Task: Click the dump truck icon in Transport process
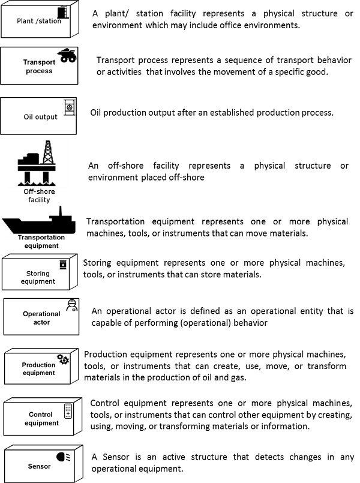68,55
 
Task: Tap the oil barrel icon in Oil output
70,107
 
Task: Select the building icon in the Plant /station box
64,13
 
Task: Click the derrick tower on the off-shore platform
48,152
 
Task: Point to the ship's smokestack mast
61,211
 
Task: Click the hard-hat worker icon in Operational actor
72,305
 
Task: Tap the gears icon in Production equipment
63,359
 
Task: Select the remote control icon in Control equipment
68,411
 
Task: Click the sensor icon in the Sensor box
64,457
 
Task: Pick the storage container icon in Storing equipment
63,265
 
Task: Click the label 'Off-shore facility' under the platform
39,196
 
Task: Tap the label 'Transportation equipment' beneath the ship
41,241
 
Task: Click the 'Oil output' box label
40,117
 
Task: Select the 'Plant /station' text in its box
39,21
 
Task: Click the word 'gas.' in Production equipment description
238,377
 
